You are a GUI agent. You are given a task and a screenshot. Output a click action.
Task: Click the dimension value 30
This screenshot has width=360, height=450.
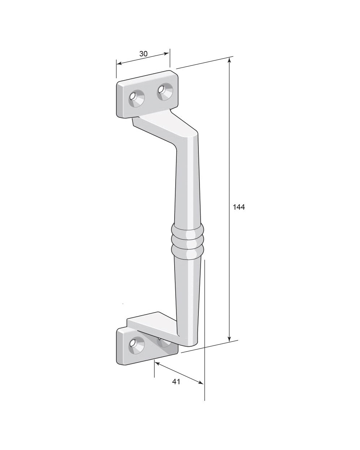pos(143,54)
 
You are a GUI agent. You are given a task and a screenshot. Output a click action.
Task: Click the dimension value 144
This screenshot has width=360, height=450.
pos(239,207)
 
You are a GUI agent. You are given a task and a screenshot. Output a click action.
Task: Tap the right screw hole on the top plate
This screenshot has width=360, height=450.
pos(165,91)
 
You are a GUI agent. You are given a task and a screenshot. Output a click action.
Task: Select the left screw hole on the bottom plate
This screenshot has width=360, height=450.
pos(136,346)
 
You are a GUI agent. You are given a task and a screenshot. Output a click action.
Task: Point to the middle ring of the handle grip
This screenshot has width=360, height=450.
pos(187,240)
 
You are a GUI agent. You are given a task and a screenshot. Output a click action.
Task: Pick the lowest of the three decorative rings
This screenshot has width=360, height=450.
pos(187,252)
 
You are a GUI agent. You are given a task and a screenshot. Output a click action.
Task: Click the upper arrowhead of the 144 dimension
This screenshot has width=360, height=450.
pos(230,61)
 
